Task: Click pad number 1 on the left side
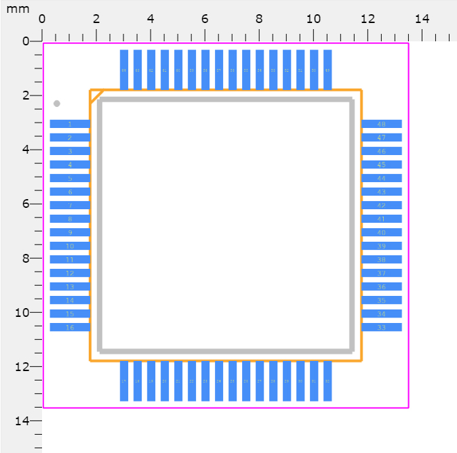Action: point(70,124)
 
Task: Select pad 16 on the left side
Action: point(70,327)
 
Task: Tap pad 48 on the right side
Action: point(381,124)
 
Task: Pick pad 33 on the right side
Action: point(381,327)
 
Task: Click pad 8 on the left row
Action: point(70,219)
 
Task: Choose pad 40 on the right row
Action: point(381,232)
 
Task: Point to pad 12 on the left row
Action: point(70,273)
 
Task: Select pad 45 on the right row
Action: point(381,165)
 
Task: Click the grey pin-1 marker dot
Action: point(57,104)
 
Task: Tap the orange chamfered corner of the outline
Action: point(96,95)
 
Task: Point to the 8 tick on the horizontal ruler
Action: point(259,34)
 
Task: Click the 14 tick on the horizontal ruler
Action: point(422,34)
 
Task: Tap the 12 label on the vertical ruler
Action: point(23,366)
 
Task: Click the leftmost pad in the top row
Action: point(124,70)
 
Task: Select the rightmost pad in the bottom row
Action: point(327,381)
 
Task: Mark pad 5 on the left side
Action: point(70,178)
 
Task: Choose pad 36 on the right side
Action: point(381,286)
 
